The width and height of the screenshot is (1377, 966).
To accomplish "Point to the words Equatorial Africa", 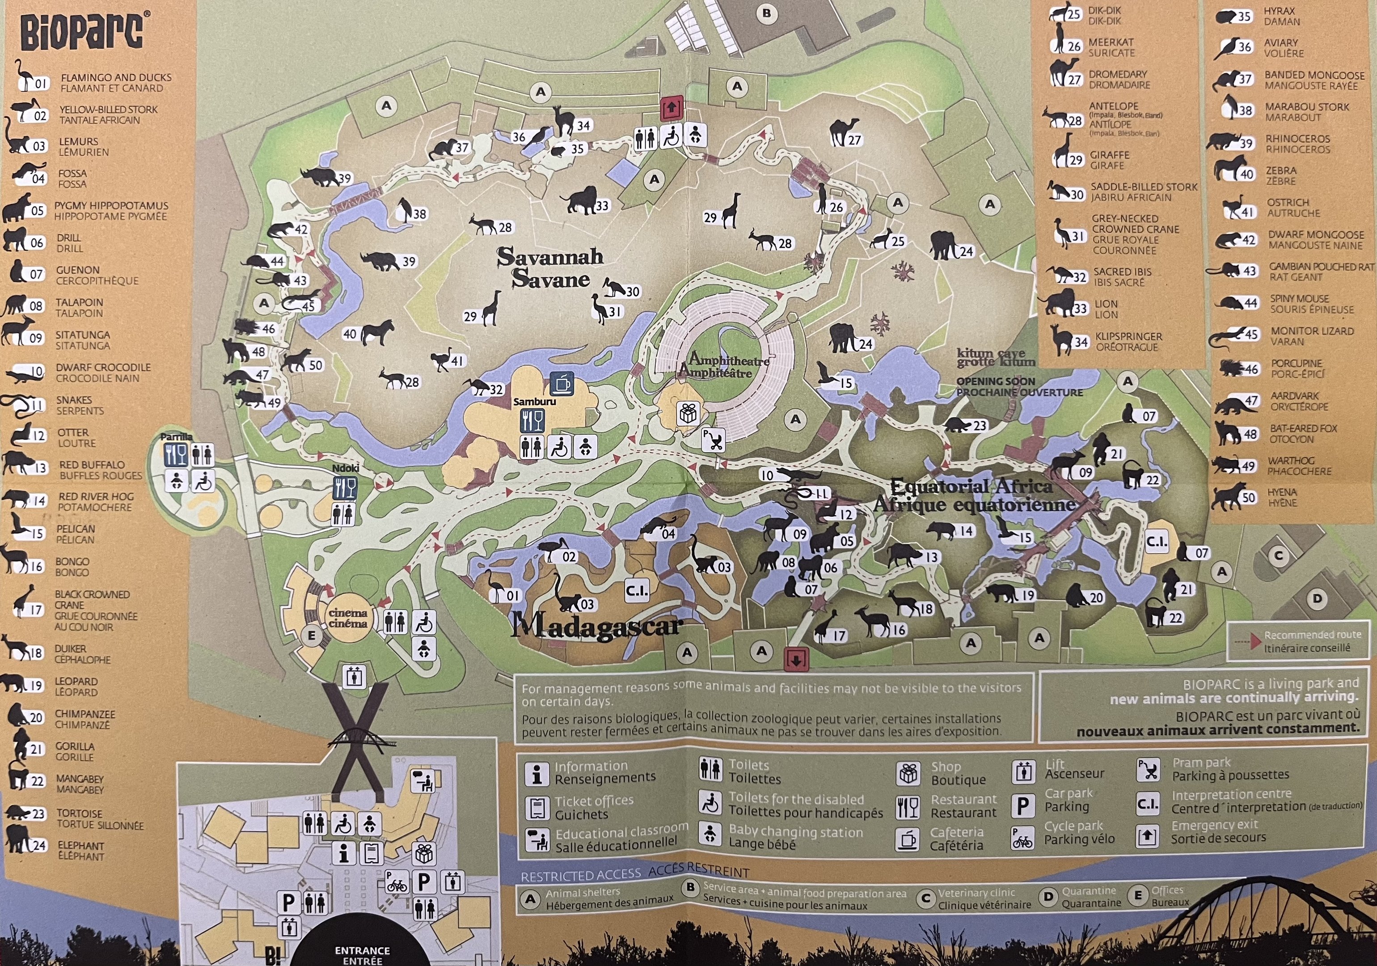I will [x=971, y=486].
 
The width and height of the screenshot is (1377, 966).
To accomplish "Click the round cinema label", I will [x=348, y=618].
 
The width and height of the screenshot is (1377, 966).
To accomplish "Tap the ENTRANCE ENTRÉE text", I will [x=362, y=955].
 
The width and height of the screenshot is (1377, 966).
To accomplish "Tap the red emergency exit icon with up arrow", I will [x=671, y=109].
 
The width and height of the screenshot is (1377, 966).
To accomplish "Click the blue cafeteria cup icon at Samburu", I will [x=562, y=383].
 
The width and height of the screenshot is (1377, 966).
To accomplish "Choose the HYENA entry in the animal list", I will [x=1282, y=497].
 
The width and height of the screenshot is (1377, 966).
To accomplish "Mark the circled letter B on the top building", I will [x=766, y=13].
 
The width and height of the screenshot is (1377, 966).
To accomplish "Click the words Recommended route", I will [x=1312, y=635].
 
